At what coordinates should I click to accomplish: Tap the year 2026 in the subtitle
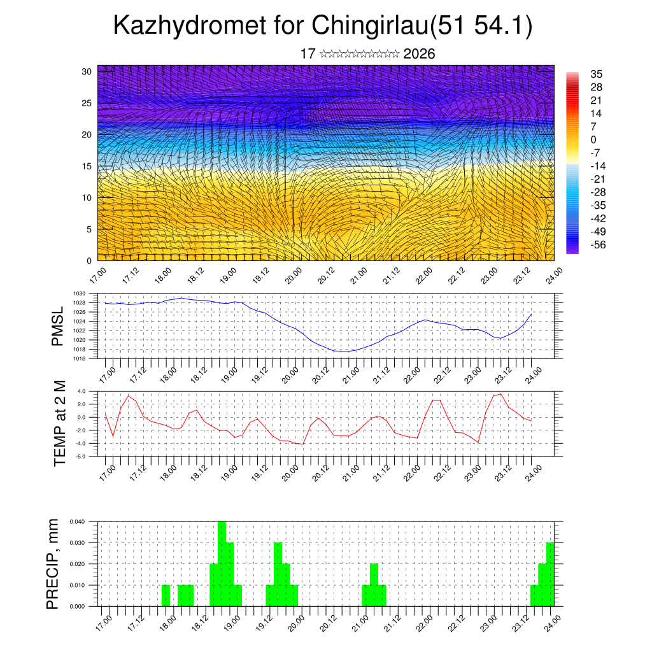click(419, 54)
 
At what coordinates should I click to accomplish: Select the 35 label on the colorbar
click(596, 74)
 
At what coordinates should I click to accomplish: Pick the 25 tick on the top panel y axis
click(87, 103)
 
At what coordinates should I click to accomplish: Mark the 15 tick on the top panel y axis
click(87, 166)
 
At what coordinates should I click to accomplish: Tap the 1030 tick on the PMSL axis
click(87, 294)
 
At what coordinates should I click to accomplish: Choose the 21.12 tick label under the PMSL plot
click(381, 374)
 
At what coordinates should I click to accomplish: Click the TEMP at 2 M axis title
click(60, 423)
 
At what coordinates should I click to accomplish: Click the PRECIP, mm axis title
click(53, 563)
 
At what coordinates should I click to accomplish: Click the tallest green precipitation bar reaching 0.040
click(222, 563)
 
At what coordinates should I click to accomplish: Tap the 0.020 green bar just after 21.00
click(374, 585)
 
